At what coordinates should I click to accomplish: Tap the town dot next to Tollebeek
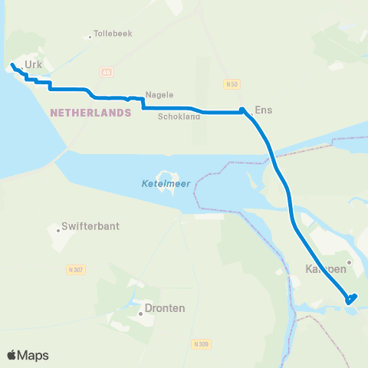click(x=90, y=34)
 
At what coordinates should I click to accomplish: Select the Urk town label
click(x=33, y=65)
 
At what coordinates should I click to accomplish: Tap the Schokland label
click(x=179, y=117)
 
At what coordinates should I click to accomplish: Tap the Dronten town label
click(x=166, y=308)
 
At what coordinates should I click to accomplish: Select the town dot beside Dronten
click(x=140, y=313)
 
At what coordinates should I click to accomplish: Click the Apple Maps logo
click(x=28, y=355)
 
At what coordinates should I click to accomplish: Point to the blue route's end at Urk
click(x=12, y=66)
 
